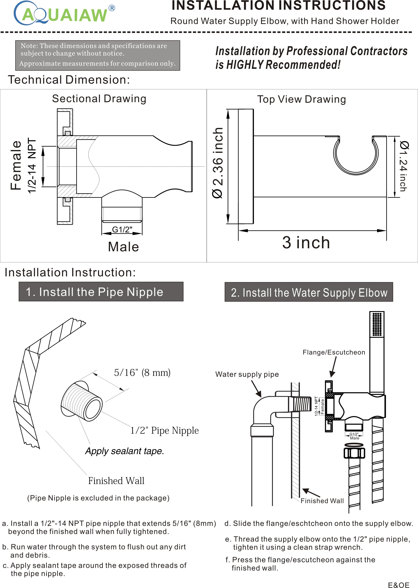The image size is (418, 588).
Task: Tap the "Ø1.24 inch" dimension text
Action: [403, 166]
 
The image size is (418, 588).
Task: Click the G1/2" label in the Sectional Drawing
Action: [122, 229]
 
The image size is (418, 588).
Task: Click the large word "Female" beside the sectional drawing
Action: [16, 166]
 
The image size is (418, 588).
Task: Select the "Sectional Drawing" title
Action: [99, 98]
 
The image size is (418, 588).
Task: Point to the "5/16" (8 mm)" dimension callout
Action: [142, 372]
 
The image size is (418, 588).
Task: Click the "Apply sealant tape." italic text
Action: [125, 451]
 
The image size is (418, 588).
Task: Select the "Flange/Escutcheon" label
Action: [334, 352]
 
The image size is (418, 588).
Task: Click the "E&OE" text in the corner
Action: [398, 583]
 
